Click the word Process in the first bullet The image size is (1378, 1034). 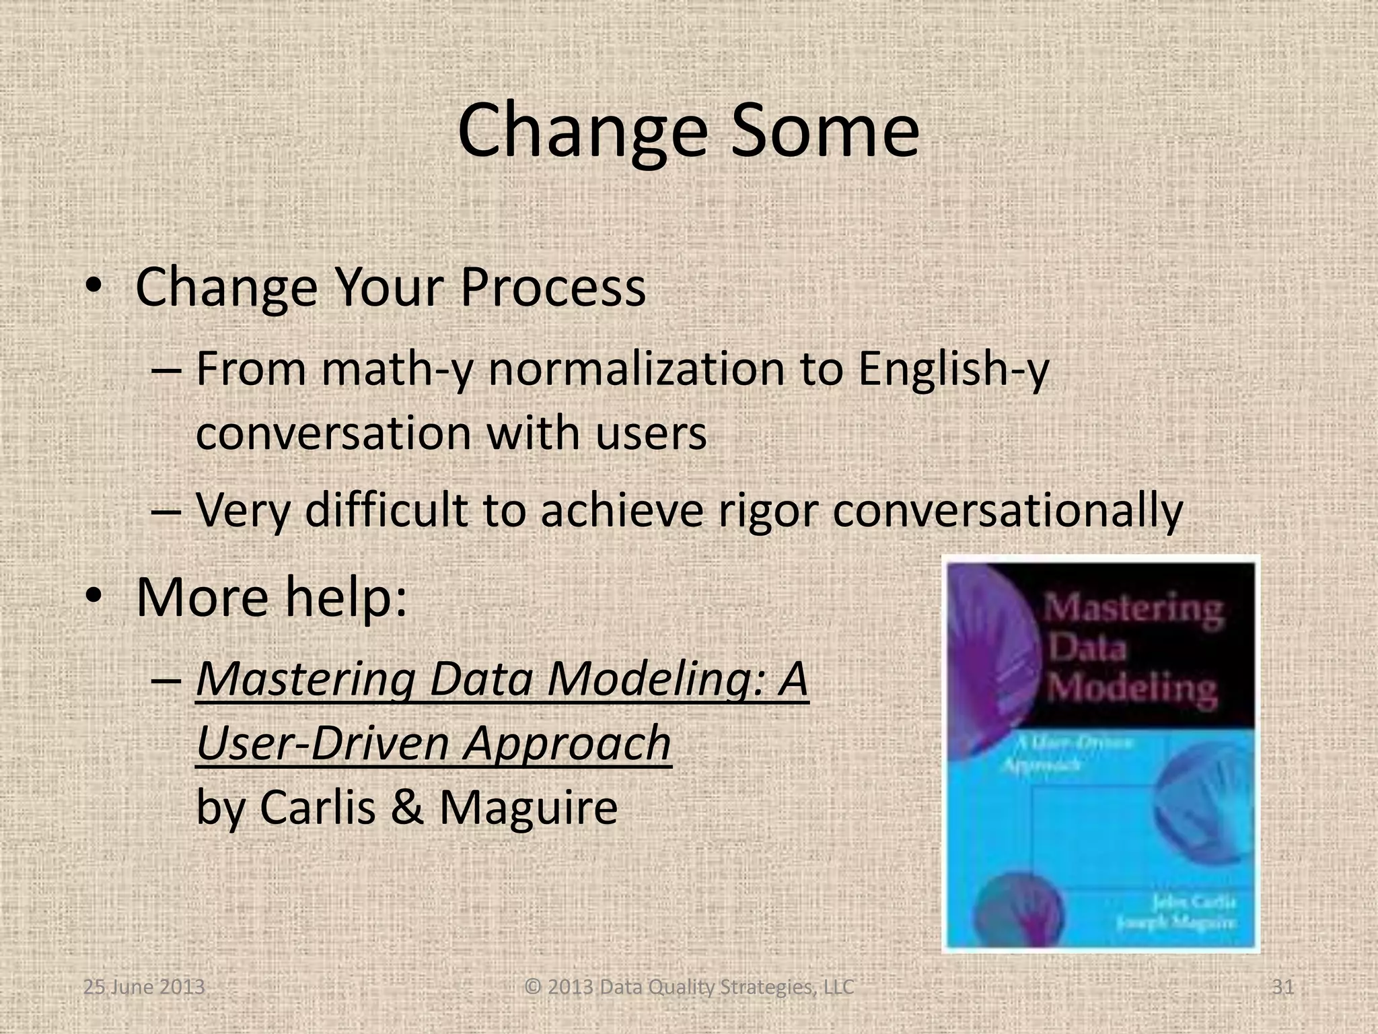click(x=552, y=287)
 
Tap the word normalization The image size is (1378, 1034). click(x=637, y=370)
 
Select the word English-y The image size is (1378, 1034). click(x=953, y=370)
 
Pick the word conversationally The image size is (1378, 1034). click(x=1007, y=510)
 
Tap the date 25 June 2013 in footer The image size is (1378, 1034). click(x=143, y=987)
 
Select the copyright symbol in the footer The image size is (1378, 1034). click(x=533, y=987)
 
